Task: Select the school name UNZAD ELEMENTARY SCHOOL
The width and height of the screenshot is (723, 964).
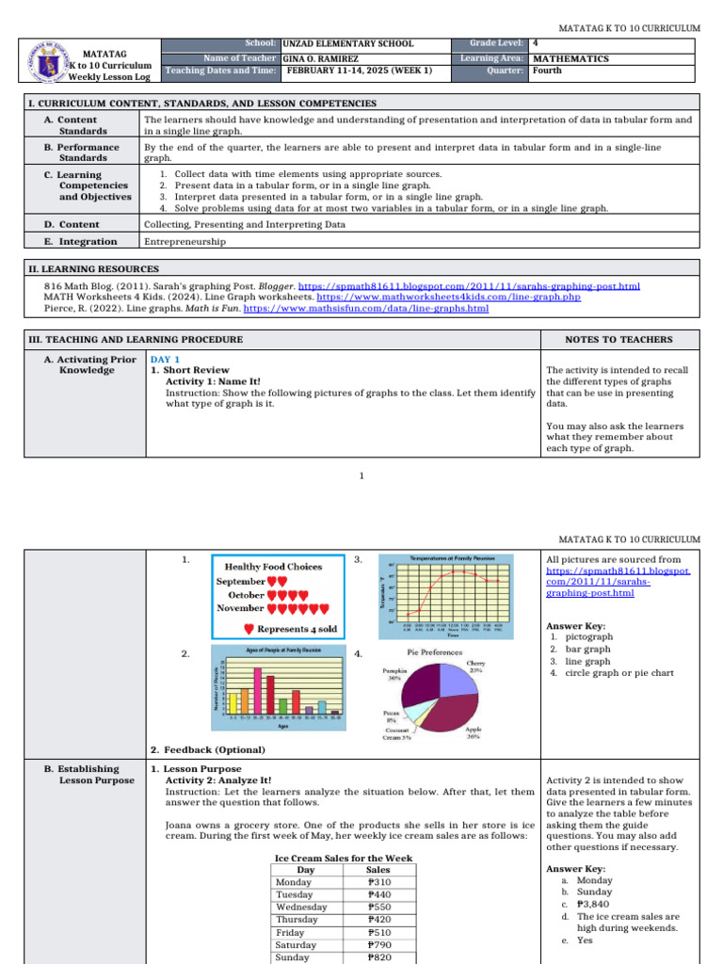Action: click(x=347, y=44)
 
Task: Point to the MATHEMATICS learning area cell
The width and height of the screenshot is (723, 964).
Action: click(x=570, y=58)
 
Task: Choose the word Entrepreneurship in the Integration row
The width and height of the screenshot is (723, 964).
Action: click(x=185, y=242)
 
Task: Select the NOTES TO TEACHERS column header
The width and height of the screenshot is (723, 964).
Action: click(x=619, y=339)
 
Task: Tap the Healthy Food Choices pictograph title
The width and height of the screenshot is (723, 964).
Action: click(x=274, y=567)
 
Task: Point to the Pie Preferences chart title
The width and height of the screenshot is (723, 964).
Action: click(x=434, y=651)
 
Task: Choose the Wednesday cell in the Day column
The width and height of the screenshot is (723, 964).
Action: click(x=301, y=908)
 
